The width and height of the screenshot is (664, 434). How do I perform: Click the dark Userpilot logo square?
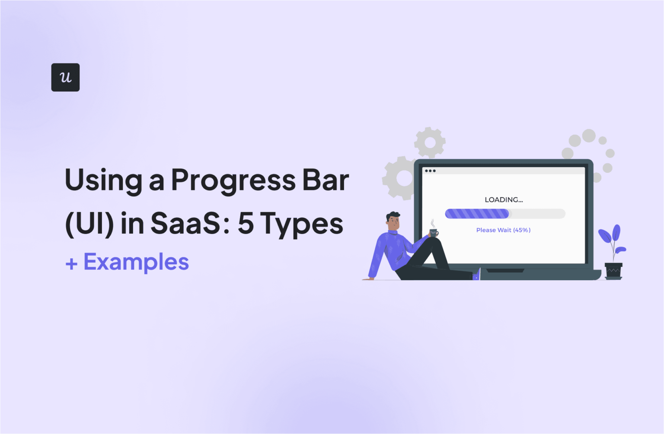pyautogui.click(x=65, y=77)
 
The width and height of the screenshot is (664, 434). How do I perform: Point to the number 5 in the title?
pyautogui.click(x=246, y=223)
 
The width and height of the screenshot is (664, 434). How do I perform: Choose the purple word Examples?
pyautogui.click(x=136, y=262)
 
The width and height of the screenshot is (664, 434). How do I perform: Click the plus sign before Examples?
pyautogui.click(x=71, y=263)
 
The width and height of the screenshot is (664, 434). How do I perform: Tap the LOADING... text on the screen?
pyautogui.click(x=504, y=200)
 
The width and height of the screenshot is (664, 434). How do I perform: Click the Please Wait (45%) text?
pyautogui.click(x=503, y=230)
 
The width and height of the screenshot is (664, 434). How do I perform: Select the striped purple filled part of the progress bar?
pyautogui.click(x=477, y=213)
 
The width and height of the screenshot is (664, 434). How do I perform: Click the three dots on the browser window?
pyautogui.click(x=430, y=171)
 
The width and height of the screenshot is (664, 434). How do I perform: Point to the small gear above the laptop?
pyautogui.click(x=430, y=142)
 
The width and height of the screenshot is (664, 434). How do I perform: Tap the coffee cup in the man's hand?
pyautogui.click(x=434, y=233)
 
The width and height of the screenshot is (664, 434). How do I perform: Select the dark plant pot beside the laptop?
pyautogui.click(x=613, y=271)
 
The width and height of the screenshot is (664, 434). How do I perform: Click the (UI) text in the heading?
pyautogui.click(x=89, y=224)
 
